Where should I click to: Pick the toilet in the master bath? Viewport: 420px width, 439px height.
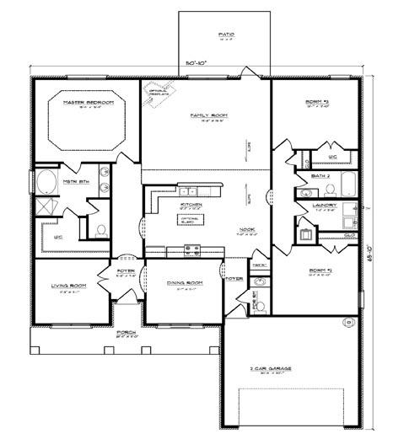[x=100, y=228]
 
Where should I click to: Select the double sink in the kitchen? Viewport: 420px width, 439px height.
[x=187, y=191]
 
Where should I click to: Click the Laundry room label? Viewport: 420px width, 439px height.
[x=325, y=205]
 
